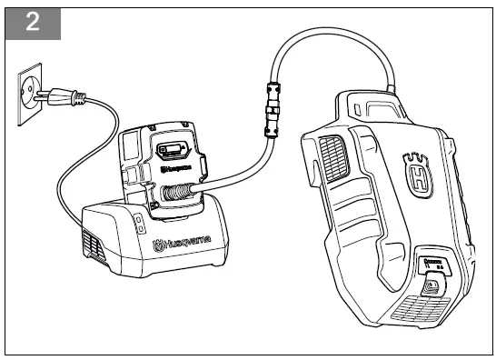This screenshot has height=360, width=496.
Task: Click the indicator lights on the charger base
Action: tap(137, 224)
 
